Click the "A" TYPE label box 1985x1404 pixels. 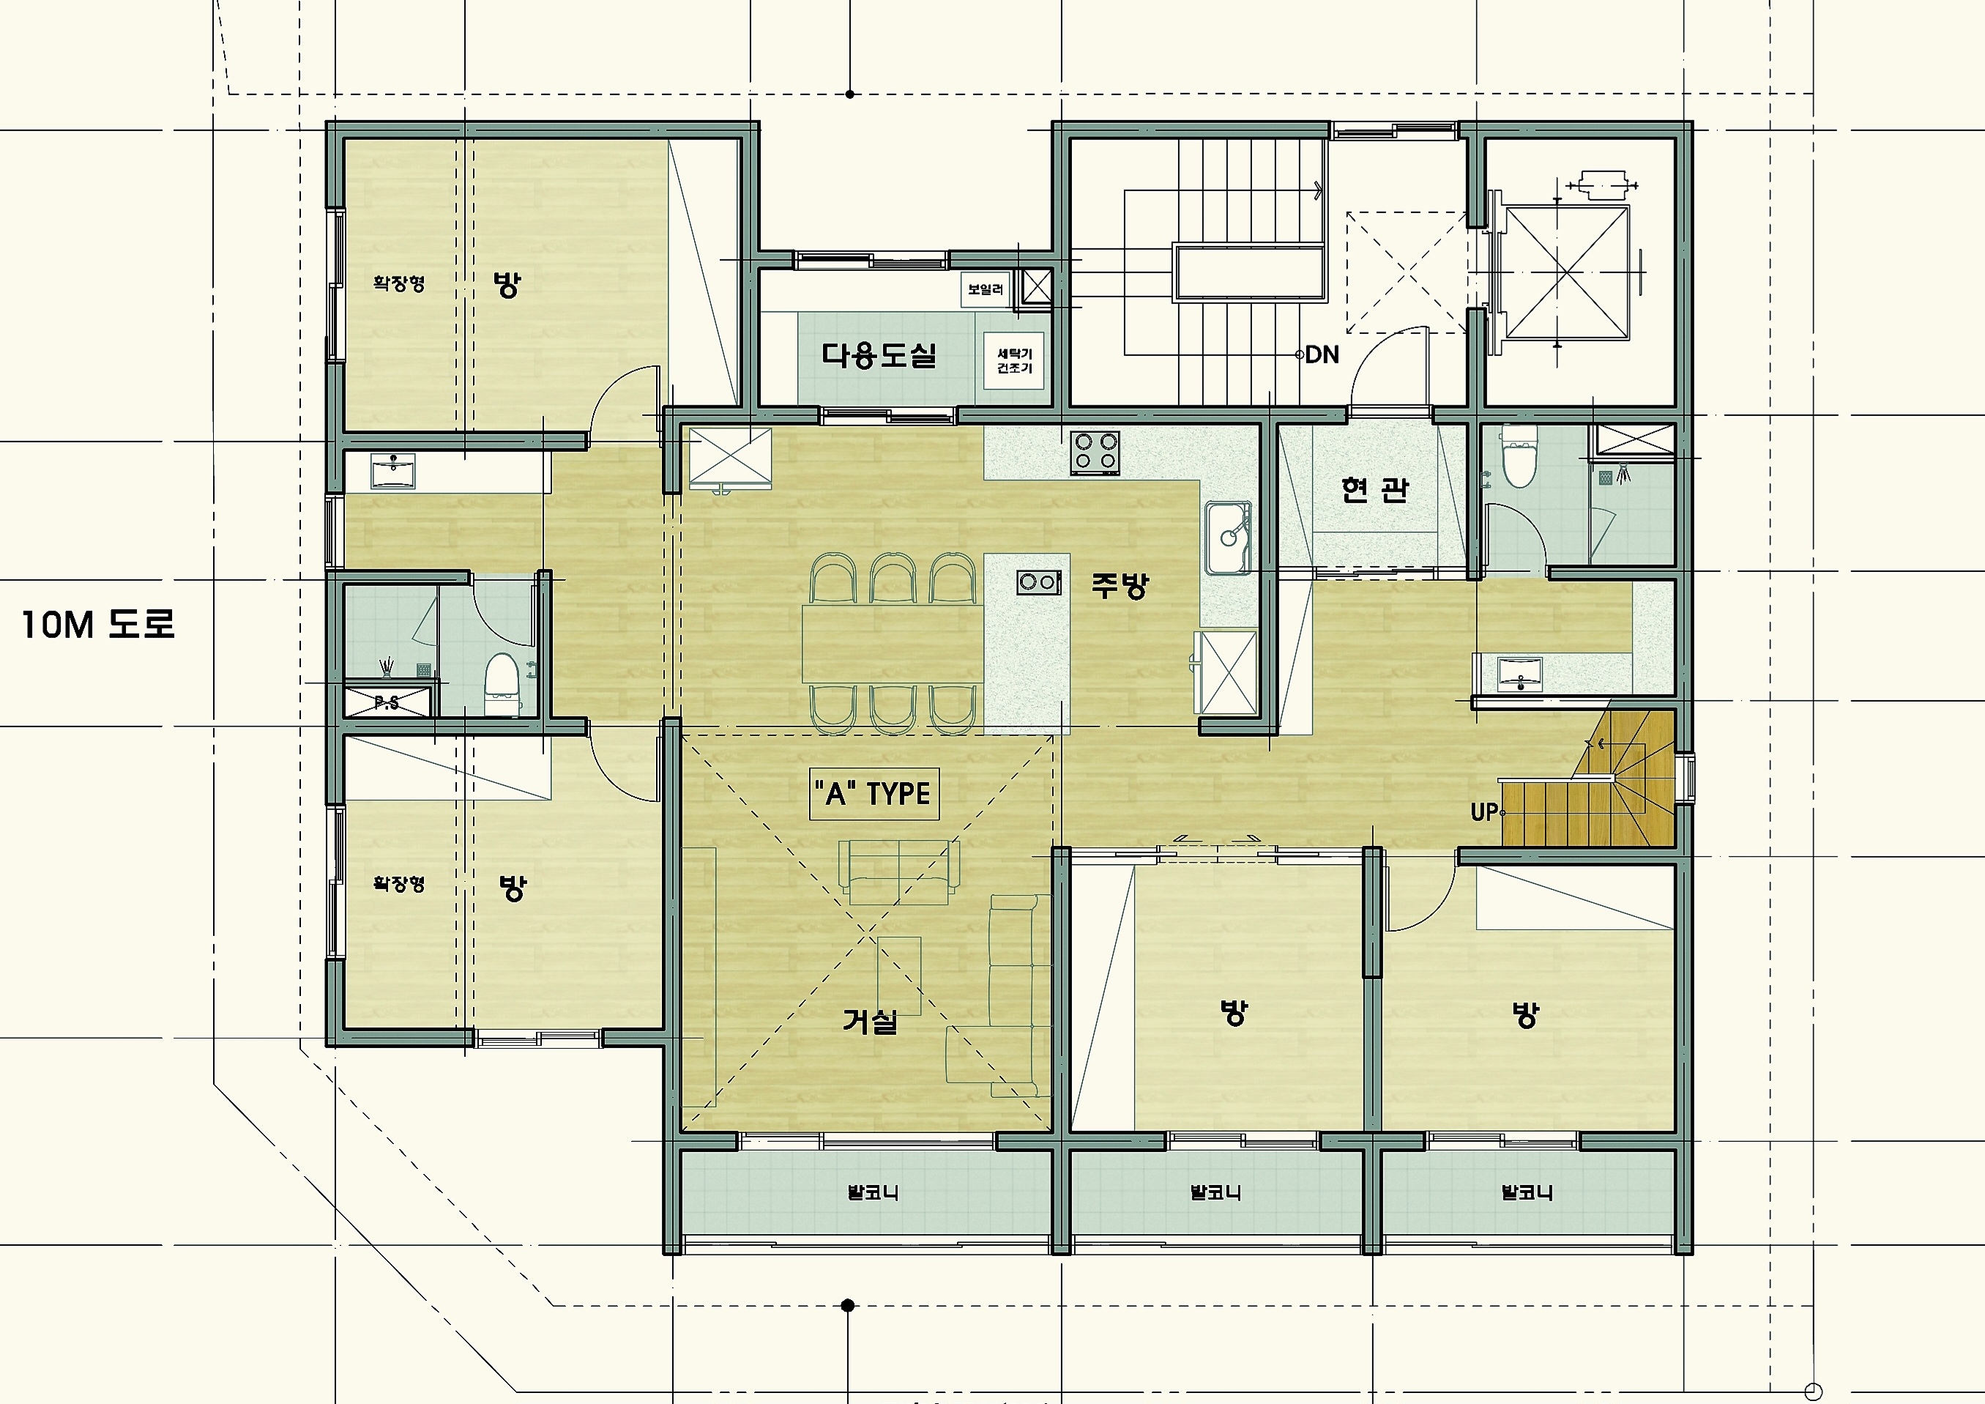point(874,794)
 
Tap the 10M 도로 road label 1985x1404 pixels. point(99,624)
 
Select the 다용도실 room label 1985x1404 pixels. point(879,354)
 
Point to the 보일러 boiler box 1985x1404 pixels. point(986,289)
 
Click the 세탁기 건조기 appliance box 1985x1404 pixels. point(1014,360)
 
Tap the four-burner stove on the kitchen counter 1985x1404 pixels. point(1095,453)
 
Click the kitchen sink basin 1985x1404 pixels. point(1229,536)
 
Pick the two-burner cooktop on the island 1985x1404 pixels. point(1038,582)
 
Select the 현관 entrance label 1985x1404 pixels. point(1374,490)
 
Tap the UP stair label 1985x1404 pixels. point(1483,813)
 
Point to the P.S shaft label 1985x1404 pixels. point(387,703)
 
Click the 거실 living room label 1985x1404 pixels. point(870,1021)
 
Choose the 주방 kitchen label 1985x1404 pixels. point(1120,585)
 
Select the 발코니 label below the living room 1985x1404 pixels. point(872,1193)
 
